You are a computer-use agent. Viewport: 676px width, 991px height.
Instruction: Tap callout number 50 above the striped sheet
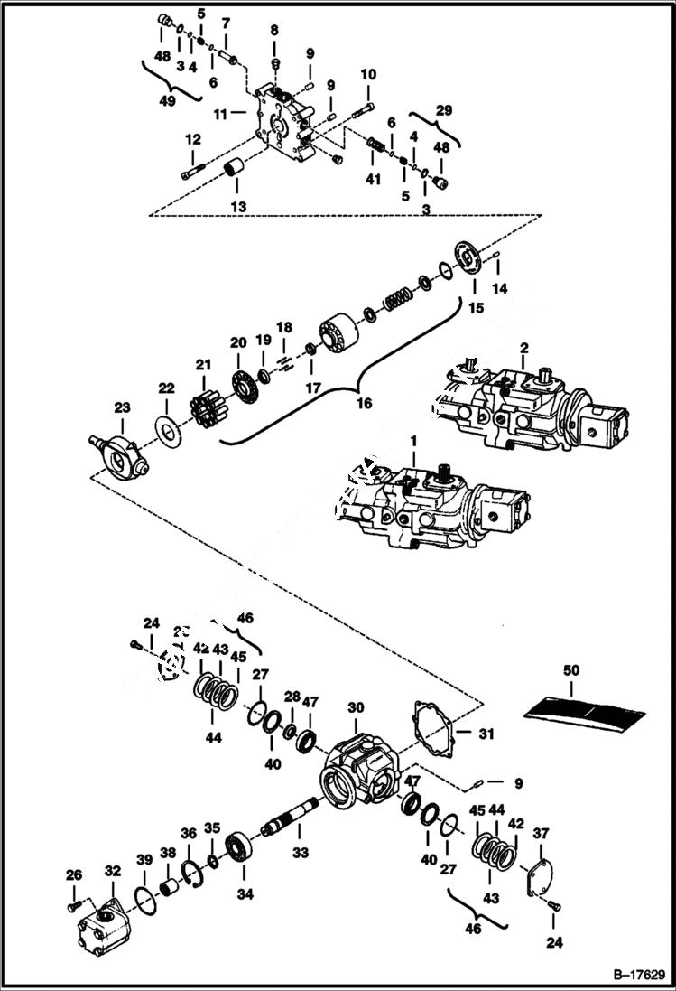571,671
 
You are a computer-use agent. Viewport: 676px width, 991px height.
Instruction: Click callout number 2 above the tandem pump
523,348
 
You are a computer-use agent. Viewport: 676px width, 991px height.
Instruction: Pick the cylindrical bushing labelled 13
236,168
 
